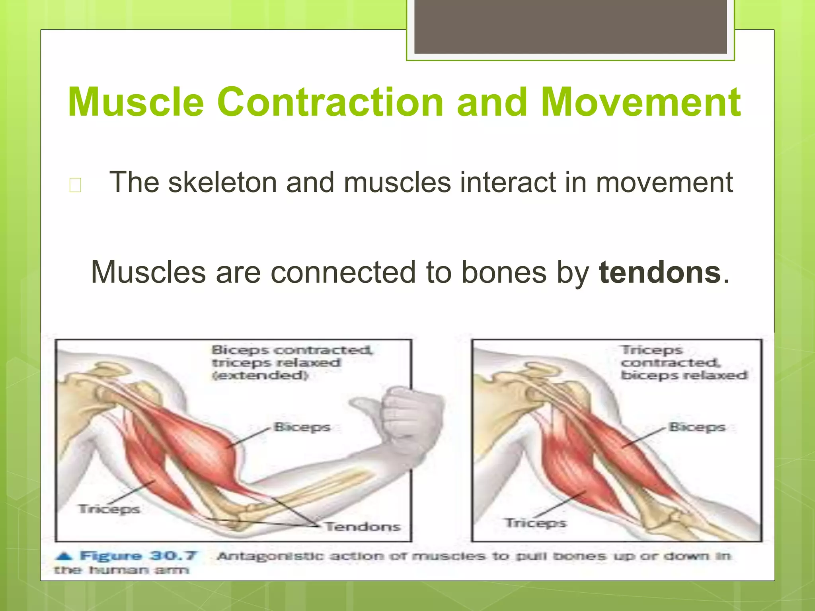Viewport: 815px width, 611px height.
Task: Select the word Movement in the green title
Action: (x=641, y=102)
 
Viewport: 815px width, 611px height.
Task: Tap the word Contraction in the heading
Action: (x=330, y=102)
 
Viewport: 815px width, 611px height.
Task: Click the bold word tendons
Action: (x=660, y=272)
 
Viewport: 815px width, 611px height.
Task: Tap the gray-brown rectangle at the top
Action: (x=570, y=27)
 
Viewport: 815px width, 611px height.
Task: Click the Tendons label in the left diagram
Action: (x=363, y=527)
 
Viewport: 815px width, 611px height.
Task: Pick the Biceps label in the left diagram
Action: (x=302, y=427)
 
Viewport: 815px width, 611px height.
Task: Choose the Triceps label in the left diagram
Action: (x=109, y=509)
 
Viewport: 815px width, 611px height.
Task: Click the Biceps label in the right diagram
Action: (x=697, y=427)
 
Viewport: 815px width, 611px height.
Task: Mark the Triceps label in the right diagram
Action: (x=535, y=523)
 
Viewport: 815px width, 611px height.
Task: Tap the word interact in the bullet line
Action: (x=519, y=183)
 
